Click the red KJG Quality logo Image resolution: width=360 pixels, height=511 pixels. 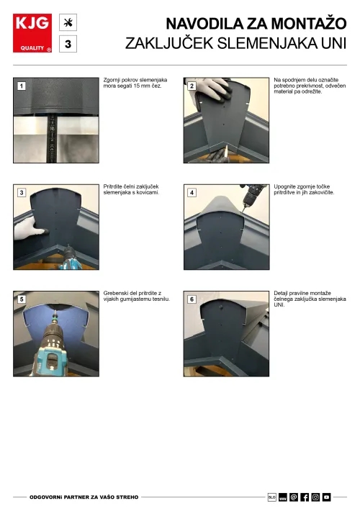click(x=32, y=33)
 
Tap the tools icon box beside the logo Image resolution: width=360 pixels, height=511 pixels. click(x=68, y=22)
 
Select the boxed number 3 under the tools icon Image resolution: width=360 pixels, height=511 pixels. click(x=68, y=44)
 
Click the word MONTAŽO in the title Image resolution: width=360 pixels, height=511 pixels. click(x=309, y=23)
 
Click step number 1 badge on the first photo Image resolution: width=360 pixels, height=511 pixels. click(x=22, y=86)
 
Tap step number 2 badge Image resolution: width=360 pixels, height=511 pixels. click(x=192, y=86)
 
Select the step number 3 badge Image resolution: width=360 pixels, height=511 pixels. click(x=22, y=193)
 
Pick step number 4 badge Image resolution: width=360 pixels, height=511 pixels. click(x=192, y=193)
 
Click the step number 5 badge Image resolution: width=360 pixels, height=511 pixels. click(x=22, y=299)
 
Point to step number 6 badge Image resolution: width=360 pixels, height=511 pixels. click(x=192, y=299)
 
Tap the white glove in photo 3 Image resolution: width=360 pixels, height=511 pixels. click(x=28, y=228)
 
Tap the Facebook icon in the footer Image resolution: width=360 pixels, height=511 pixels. click(x=305, y=497)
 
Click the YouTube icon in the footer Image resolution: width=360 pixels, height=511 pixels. click(x=326, y=497)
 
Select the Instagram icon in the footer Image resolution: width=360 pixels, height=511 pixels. click(x=315, y=497)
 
